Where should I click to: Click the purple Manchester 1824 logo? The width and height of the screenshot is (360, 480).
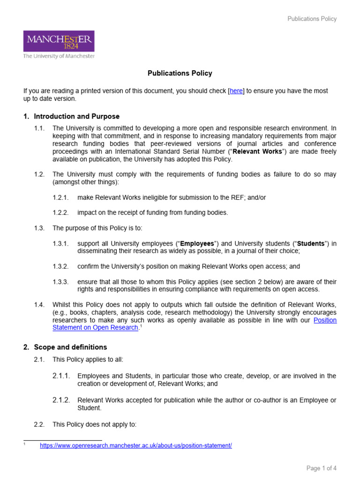[x=59, y=41]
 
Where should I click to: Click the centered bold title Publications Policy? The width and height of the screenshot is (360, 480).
[x=180, y=73]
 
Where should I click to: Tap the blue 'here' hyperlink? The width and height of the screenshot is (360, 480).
[x=236, y=91]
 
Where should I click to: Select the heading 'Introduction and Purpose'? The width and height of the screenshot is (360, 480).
[x=76, y=116]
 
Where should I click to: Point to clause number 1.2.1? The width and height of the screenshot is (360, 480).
[x=60, y=198]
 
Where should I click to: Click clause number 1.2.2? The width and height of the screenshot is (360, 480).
[x=60, y=213]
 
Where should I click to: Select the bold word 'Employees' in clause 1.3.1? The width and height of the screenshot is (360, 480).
[x=197, y=244]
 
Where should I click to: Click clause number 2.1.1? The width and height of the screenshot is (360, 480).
[x=61, y=376]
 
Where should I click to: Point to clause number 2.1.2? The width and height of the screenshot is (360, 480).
[x=61, y=400]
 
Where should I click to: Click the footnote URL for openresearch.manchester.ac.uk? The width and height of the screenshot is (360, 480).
[x=136, y=446]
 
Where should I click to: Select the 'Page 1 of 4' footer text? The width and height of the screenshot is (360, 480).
[x=322, y=468]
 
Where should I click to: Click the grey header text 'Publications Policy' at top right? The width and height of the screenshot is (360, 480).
[x=312, y=19]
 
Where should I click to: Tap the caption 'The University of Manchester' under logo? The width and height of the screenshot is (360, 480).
[x=59, y=56]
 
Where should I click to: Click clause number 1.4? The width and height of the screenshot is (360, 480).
[x=39, y=305]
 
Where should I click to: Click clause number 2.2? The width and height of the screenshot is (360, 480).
[x=39, y=425]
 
